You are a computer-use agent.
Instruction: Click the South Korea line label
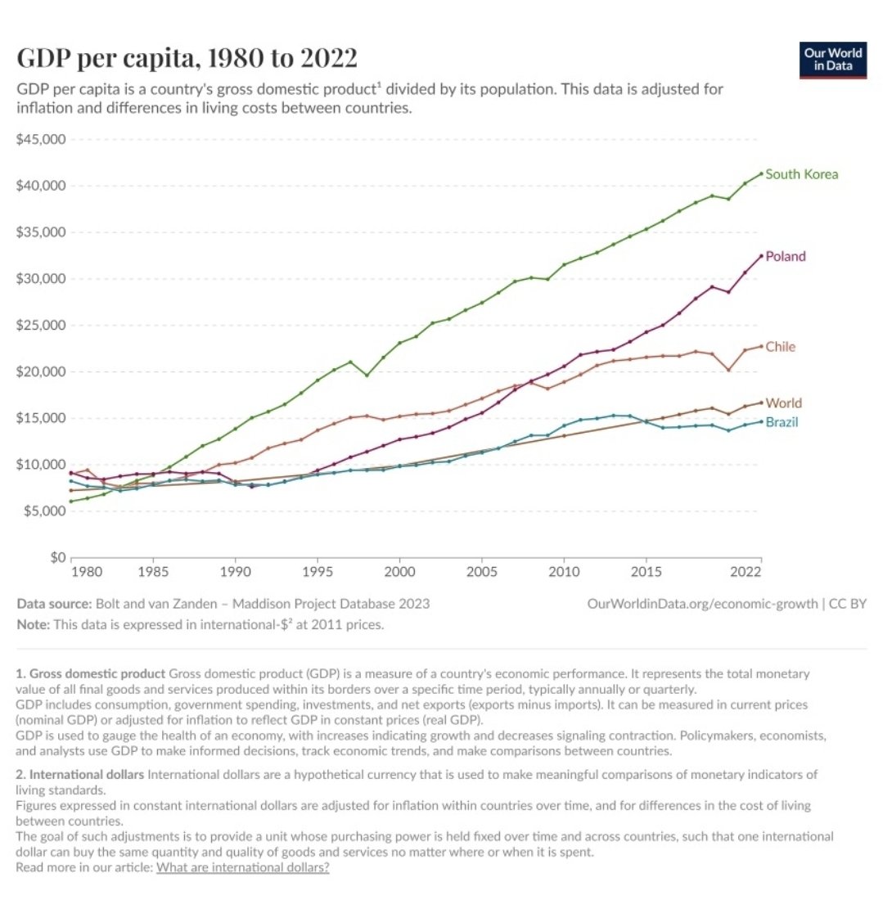click(801, 174)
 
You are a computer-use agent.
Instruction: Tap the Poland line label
click(785, 256)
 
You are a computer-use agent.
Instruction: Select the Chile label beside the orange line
click(780, 347)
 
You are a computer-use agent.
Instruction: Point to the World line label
click(783, 403)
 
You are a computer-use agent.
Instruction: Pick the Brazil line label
click(782, 422)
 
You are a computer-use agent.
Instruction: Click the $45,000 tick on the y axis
click(40, 139)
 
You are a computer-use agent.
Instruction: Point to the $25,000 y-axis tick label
click(40, 325)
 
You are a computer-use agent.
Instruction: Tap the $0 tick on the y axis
click(56, 558)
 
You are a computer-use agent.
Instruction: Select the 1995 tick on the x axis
click(318, 570)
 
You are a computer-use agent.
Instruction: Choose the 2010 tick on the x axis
click(564, 570)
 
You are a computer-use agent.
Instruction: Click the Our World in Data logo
click(832, 60)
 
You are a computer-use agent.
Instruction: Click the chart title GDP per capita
click(187, 59)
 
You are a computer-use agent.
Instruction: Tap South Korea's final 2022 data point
click(761, 173)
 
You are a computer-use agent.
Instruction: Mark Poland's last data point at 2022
click(761, 256)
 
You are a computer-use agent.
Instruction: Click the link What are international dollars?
click(242, 867)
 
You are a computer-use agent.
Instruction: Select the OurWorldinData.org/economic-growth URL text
click(702, 604)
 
